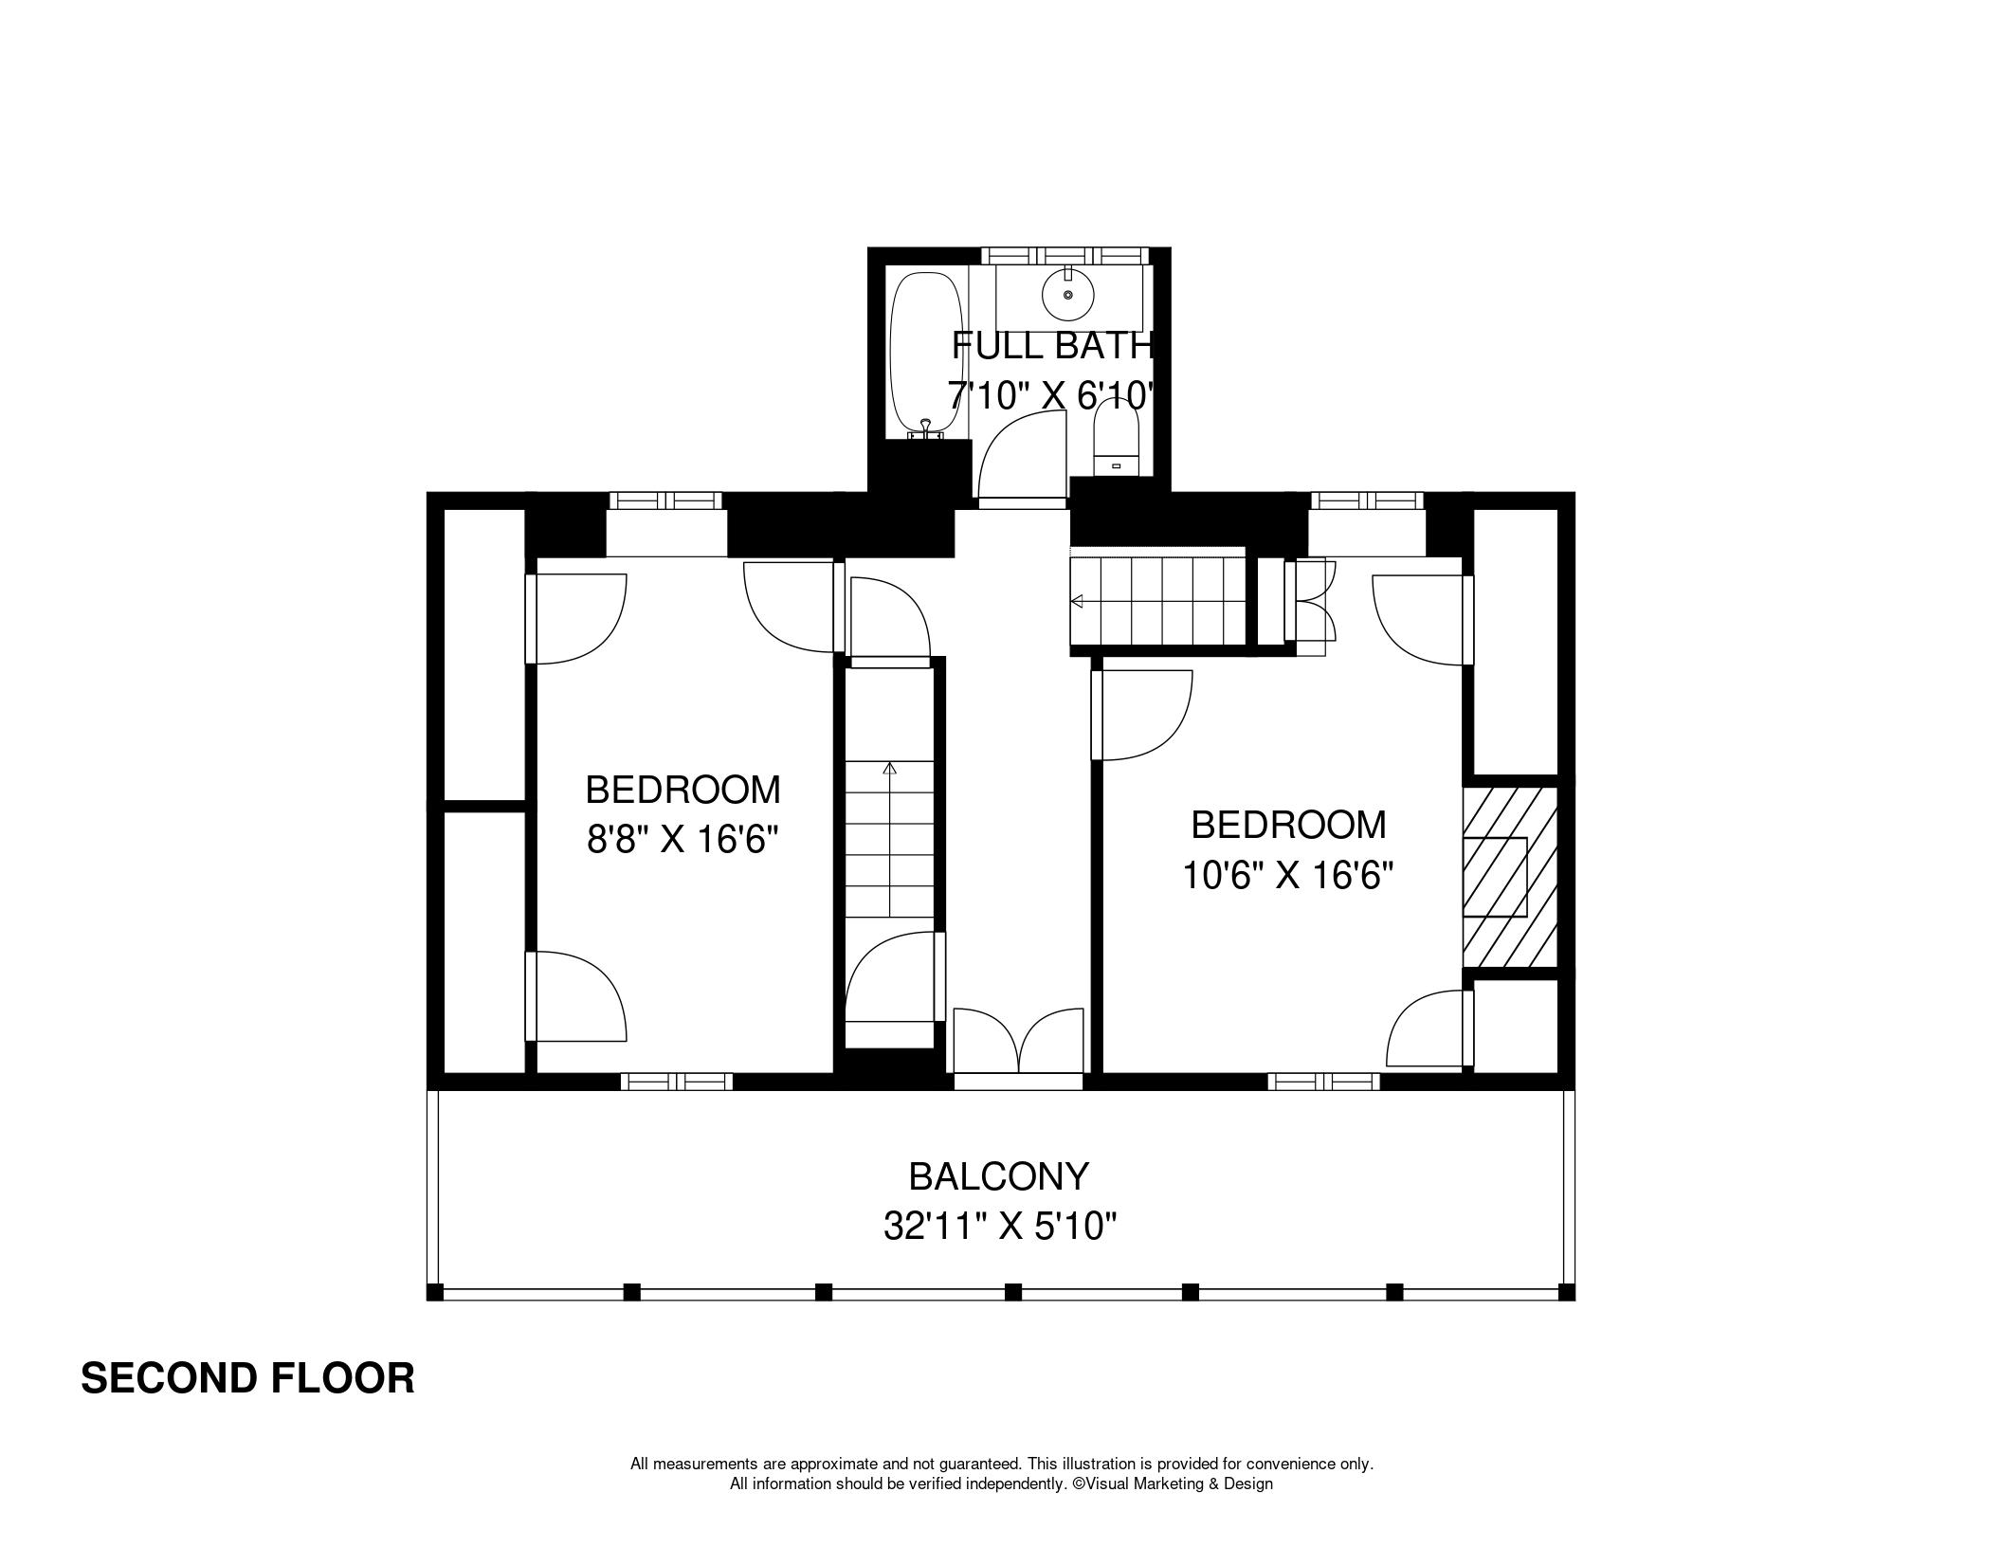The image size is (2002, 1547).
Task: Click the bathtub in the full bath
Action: point(927,355)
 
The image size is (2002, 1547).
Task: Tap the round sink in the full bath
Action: point(1068,295)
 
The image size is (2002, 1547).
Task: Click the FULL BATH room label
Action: point(1052,346)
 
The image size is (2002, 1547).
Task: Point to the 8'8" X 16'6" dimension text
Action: point(682,839)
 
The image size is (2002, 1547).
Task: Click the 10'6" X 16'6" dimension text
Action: point(1287,875)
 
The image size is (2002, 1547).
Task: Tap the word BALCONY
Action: point(999,1176)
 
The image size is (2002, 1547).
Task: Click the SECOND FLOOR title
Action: point(247,1378)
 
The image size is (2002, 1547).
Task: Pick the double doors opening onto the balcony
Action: point(1018,1041)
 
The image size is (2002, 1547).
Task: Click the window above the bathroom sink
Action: point(1065,255)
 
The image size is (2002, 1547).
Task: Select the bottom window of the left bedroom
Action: point(677,1082)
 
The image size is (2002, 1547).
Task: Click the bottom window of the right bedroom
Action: point(1324,1082)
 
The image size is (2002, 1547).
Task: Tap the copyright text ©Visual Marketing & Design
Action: point(1173,1483)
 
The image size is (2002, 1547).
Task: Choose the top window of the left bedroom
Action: point(665,500)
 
